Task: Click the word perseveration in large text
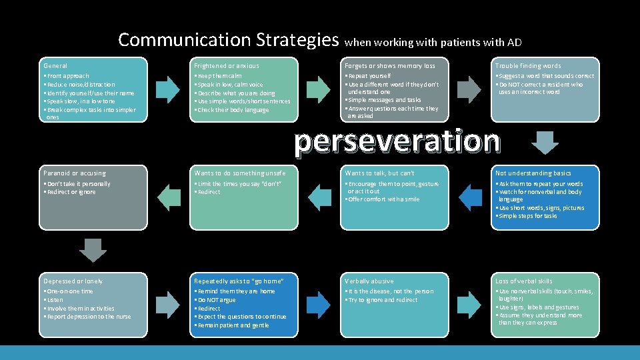[x=397, y=141]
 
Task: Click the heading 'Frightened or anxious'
[x=227, y=66]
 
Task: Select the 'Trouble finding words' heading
[x=528, y=66]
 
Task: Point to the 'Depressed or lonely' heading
[x=73, y=281]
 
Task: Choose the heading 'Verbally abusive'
[x=369, y=281]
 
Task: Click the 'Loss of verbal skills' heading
[x=524, y=281]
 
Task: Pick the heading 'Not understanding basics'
[x=533, y=173]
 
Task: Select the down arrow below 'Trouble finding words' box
[x=547, y=142]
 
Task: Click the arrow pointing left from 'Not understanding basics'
[x=471, y=196]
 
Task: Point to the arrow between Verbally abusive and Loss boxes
[x=470, y=304]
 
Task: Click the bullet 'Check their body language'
[x=231, y=110]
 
